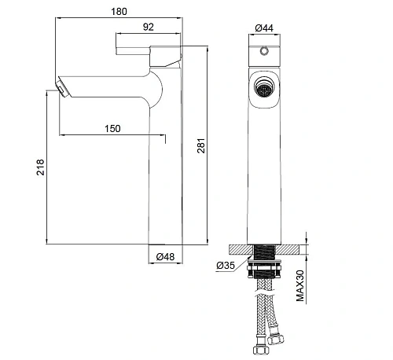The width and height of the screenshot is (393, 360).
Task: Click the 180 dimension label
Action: pyautogui.click(x=119, y=12)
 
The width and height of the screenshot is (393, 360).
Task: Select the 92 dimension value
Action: pyautogui.click(x=149, y=27)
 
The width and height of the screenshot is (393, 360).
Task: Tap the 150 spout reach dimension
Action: pyautogui.click(x=112, y=129)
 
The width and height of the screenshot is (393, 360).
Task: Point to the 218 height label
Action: pyautogui.click(x=40, y=167)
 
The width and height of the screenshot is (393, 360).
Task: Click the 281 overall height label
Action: pyautogui.click(x=201, y=145)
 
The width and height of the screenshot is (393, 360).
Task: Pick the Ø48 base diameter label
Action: pyautogui.click(x=165, y=256)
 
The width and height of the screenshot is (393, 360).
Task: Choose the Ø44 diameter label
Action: pyautogui.click(x=264, y=28)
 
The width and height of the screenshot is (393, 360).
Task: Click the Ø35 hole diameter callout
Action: pyautogui.click(x=226, y=266)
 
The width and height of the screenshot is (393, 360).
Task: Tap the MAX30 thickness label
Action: pyautogui.click(x=300, y=285)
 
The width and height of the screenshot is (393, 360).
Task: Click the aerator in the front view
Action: pyautogui.click(x=264, y=87)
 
